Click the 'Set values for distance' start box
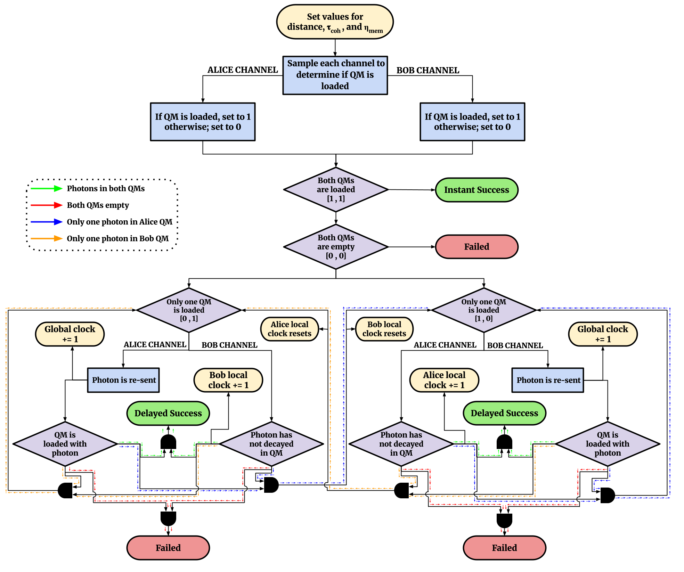335,22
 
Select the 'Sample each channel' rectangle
335,75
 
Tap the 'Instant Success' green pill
477,190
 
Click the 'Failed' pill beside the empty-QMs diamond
477,247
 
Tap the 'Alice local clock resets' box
289,329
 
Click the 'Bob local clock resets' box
384,329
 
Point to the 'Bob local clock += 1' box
228,380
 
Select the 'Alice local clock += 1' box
444,380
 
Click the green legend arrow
47,188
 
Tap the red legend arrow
47,205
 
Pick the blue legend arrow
47,222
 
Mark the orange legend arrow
47,238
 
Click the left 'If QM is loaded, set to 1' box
203,122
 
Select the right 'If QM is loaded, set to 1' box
472,122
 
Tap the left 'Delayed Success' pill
168,413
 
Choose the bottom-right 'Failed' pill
504,548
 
